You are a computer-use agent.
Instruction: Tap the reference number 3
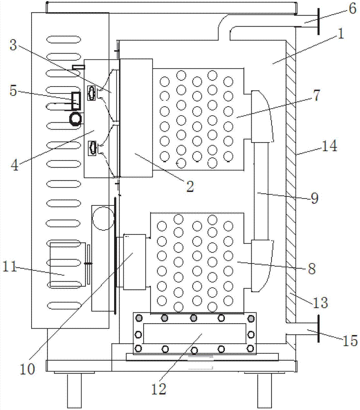[13, 46]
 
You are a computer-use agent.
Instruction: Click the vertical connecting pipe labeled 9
[261, 191]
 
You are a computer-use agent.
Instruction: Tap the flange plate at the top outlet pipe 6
[317, 23]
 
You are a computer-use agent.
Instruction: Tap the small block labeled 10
[134, 261]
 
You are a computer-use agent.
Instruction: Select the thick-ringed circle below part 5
[76, 119]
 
